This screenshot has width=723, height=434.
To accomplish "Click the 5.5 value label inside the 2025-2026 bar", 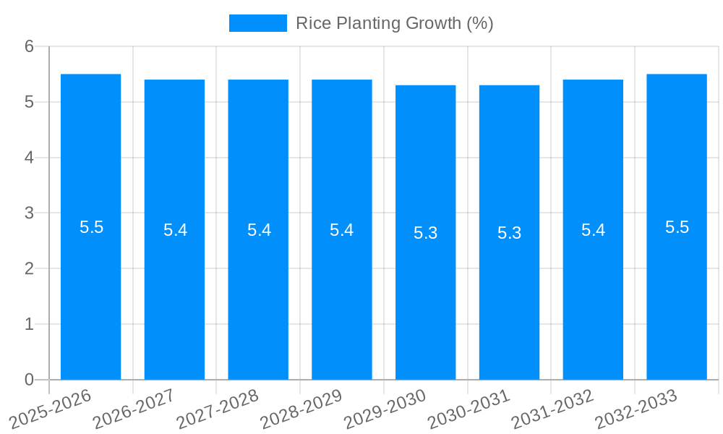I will click(92, 227).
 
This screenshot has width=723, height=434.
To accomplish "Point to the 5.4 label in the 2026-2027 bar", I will click(175, 230).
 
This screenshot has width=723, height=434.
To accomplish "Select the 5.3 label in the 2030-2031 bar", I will click(509, 233).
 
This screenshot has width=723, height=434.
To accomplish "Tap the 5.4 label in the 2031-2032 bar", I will click(593, 230).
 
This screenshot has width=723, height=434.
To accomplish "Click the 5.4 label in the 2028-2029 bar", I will click(341, 230).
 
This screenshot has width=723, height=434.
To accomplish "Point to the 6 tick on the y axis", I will click(29, 46).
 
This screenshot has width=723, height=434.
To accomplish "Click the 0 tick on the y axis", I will click(29, 380).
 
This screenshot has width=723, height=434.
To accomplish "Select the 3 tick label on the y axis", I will click(29, 213).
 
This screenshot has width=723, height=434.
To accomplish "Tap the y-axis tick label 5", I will click(29, 102).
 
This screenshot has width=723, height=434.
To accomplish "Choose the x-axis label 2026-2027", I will click(134, 409).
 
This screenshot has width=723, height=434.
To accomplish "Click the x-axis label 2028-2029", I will click(301, 409).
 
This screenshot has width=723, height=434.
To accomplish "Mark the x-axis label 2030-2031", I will click(469, 409).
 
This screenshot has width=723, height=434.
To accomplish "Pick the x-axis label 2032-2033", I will click(636, 409).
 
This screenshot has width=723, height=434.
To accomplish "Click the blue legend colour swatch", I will click(258, 23).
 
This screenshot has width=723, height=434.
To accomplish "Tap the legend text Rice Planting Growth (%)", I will click(395, 23).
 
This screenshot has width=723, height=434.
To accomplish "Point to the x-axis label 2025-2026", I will click(50, 409).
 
